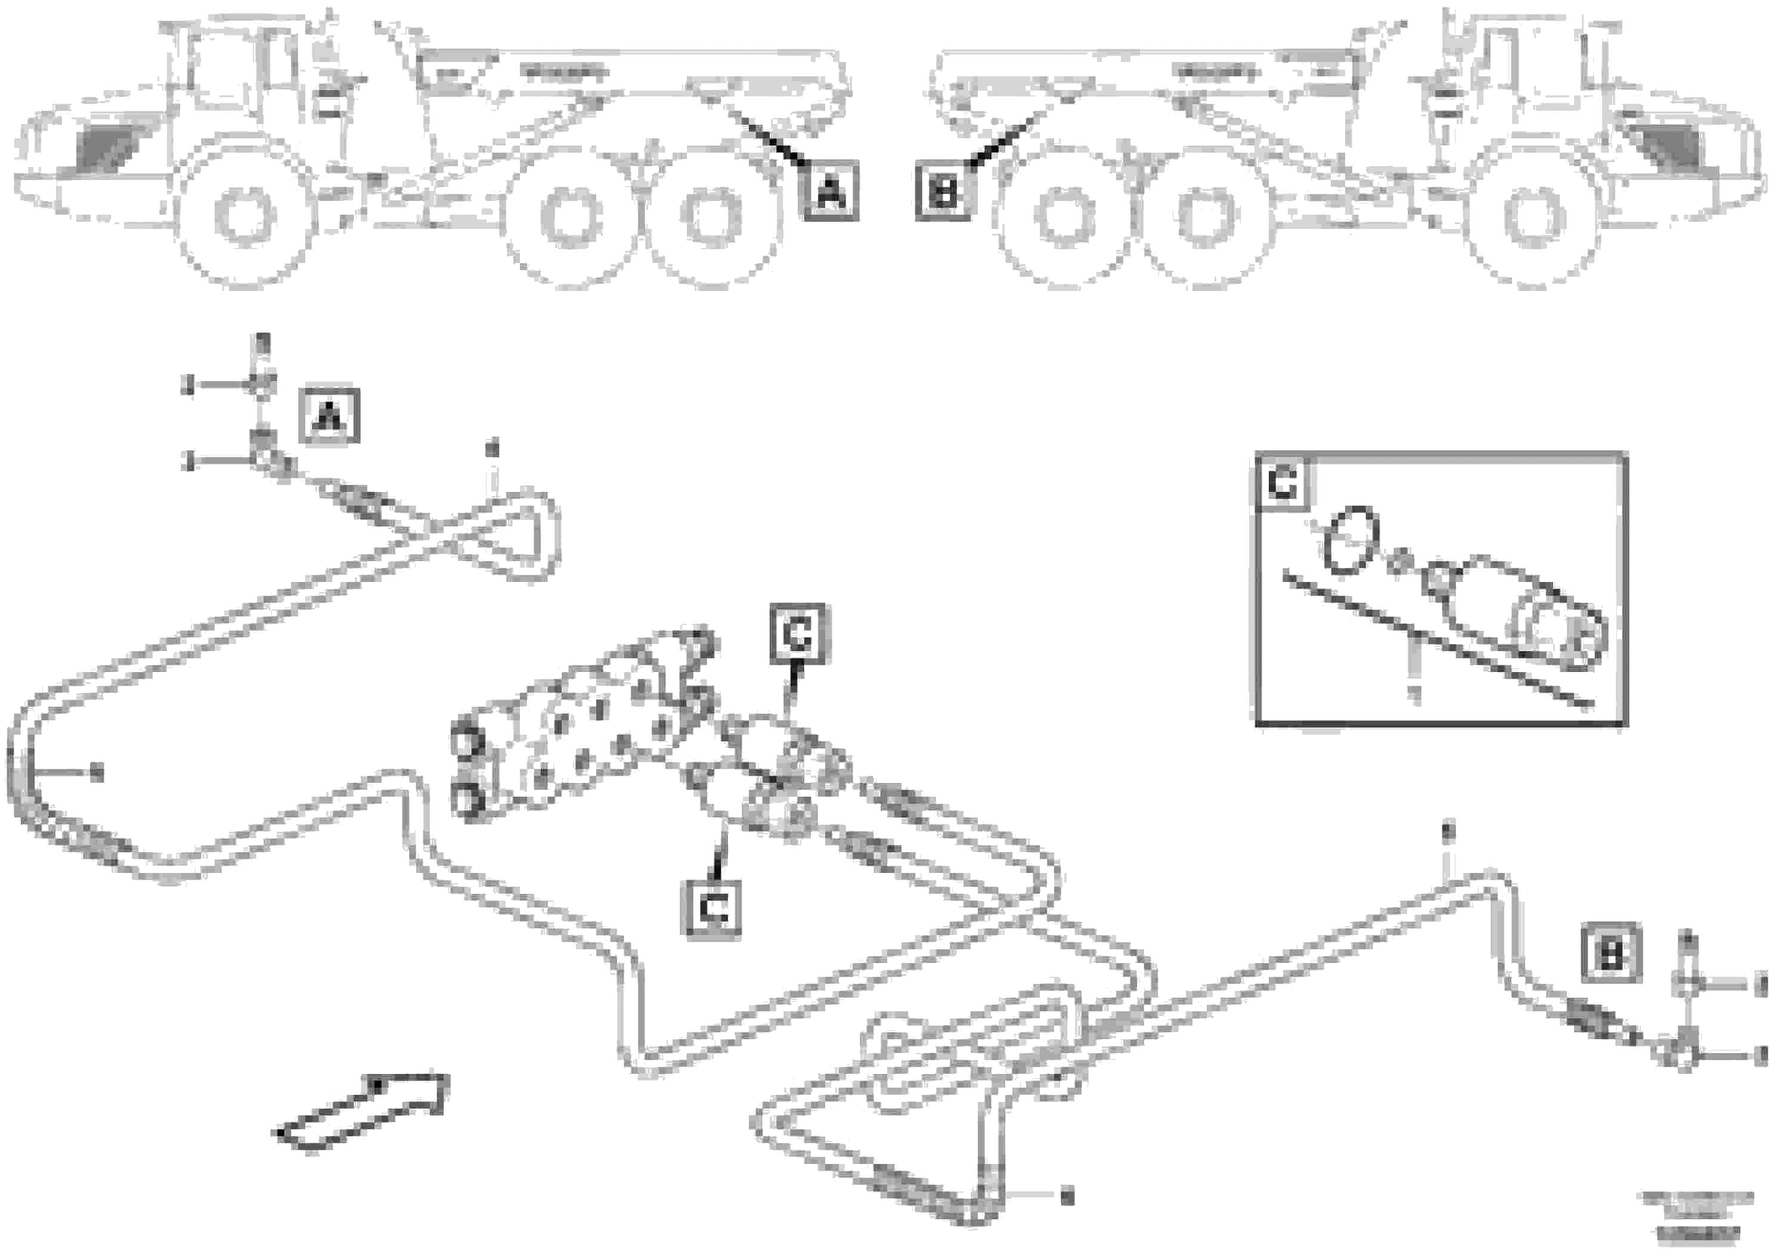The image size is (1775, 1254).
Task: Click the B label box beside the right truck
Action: pos(943,191)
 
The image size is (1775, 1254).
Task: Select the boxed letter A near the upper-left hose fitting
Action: pos(329,418)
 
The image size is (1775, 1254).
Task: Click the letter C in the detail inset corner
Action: pos(1283,485)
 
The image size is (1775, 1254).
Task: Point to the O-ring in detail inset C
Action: pos(1350,540)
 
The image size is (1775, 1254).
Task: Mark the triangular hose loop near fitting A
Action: pos(510,534)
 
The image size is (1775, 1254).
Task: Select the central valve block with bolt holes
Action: pos(587,735)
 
